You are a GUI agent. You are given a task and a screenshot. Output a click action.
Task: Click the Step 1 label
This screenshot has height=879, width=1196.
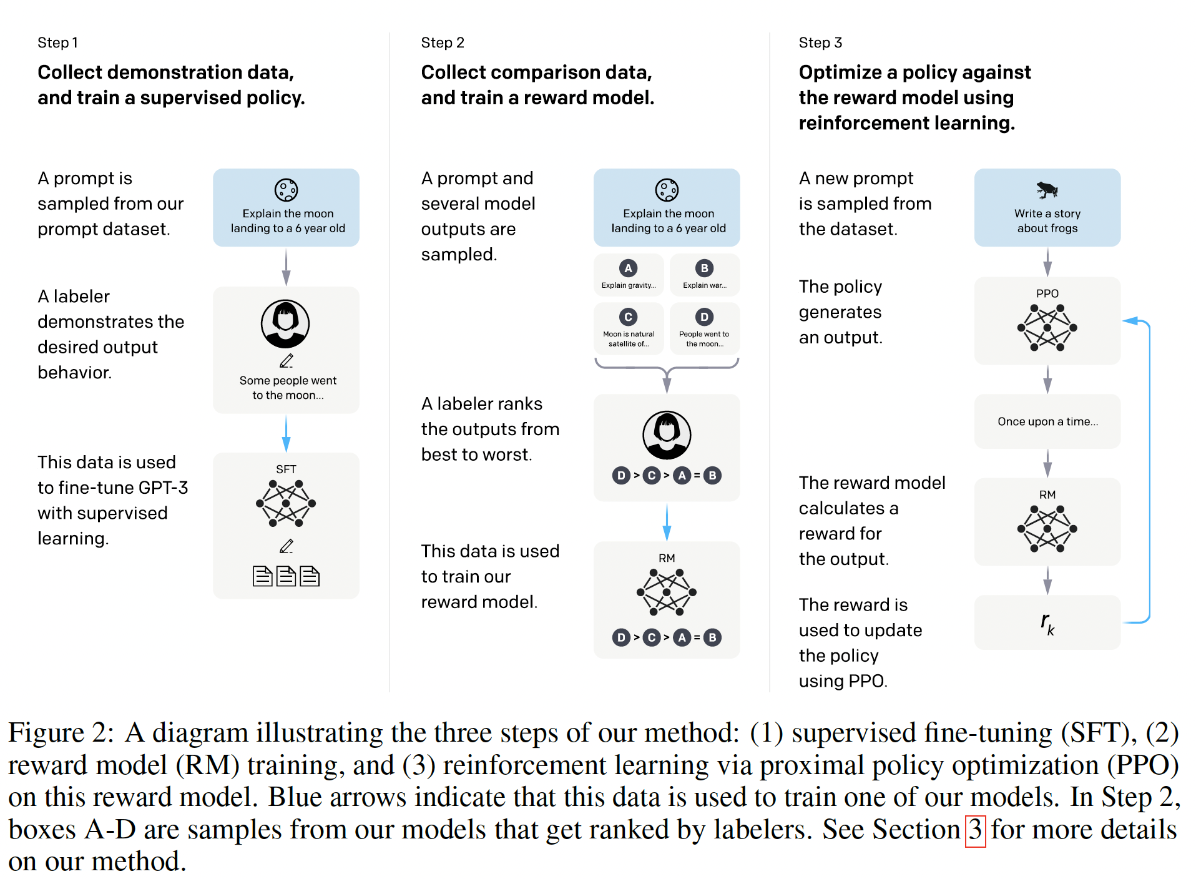tap(57, 42)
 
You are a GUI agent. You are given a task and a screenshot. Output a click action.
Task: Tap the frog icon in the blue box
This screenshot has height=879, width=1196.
tap(1047, 189)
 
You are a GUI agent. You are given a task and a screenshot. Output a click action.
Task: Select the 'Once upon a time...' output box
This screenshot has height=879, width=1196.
tap(1047, 421)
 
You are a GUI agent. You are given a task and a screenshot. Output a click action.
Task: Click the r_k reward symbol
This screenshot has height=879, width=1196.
tap(1047, 622)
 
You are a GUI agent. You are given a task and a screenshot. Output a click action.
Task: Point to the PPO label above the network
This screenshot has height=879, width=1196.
tap(1047, 293)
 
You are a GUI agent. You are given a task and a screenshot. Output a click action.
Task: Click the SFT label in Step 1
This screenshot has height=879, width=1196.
tap(286, 469)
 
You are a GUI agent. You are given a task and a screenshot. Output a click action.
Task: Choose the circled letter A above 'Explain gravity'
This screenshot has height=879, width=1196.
tap(628, 268)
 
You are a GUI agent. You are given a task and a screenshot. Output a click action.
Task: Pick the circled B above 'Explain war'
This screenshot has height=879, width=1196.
tap(704, 268)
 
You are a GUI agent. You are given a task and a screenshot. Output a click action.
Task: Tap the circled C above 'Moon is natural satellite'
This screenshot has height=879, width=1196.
tap(628, 317)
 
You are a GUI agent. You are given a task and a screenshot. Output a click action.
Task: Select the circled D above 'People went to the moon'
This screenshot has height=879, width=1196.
tap(704, 317)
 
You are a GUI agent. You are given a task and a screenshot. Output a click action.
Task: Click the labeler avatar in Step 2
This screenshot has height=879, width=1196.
tap(667, 435)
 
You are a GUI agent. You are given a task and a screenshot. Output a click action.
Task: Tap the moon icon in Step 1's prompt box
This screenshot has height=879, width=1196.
tap(286, 190)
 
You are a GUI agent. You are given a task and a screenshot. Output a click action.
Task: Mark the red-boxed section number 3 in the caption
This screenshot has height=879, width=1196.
tap(975, 830)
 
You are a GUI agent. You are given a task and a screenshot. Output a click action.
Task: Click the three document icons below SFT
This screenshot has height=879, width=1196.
tap(286, 576)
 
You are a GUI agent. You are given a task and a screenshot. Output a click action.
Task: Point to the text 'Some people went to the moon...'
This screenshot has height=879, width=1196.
tap(288, 388)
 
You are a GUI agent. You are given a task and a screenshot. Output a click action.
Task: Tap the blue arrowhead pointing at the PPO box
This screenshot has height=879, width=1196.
tap(1129, 321)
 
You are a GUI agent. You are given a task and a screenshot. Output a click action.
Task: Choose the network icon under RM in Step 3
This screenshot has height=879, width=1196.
tap(1047, 529)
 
